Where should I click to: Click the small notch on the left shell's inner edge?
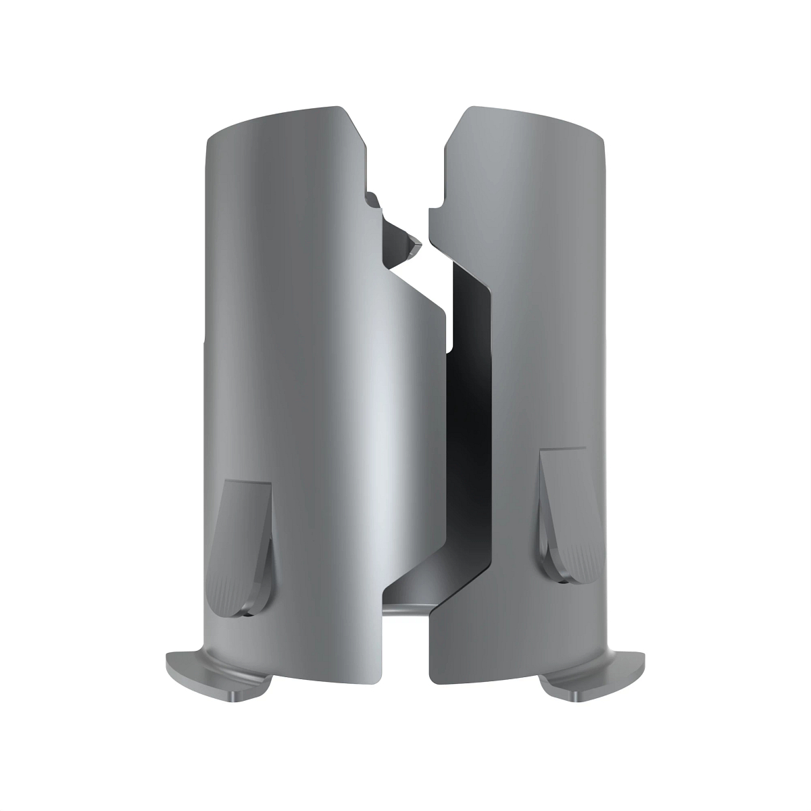pos(370,199)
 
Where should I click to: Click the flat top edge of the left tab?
pos(247,483)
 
